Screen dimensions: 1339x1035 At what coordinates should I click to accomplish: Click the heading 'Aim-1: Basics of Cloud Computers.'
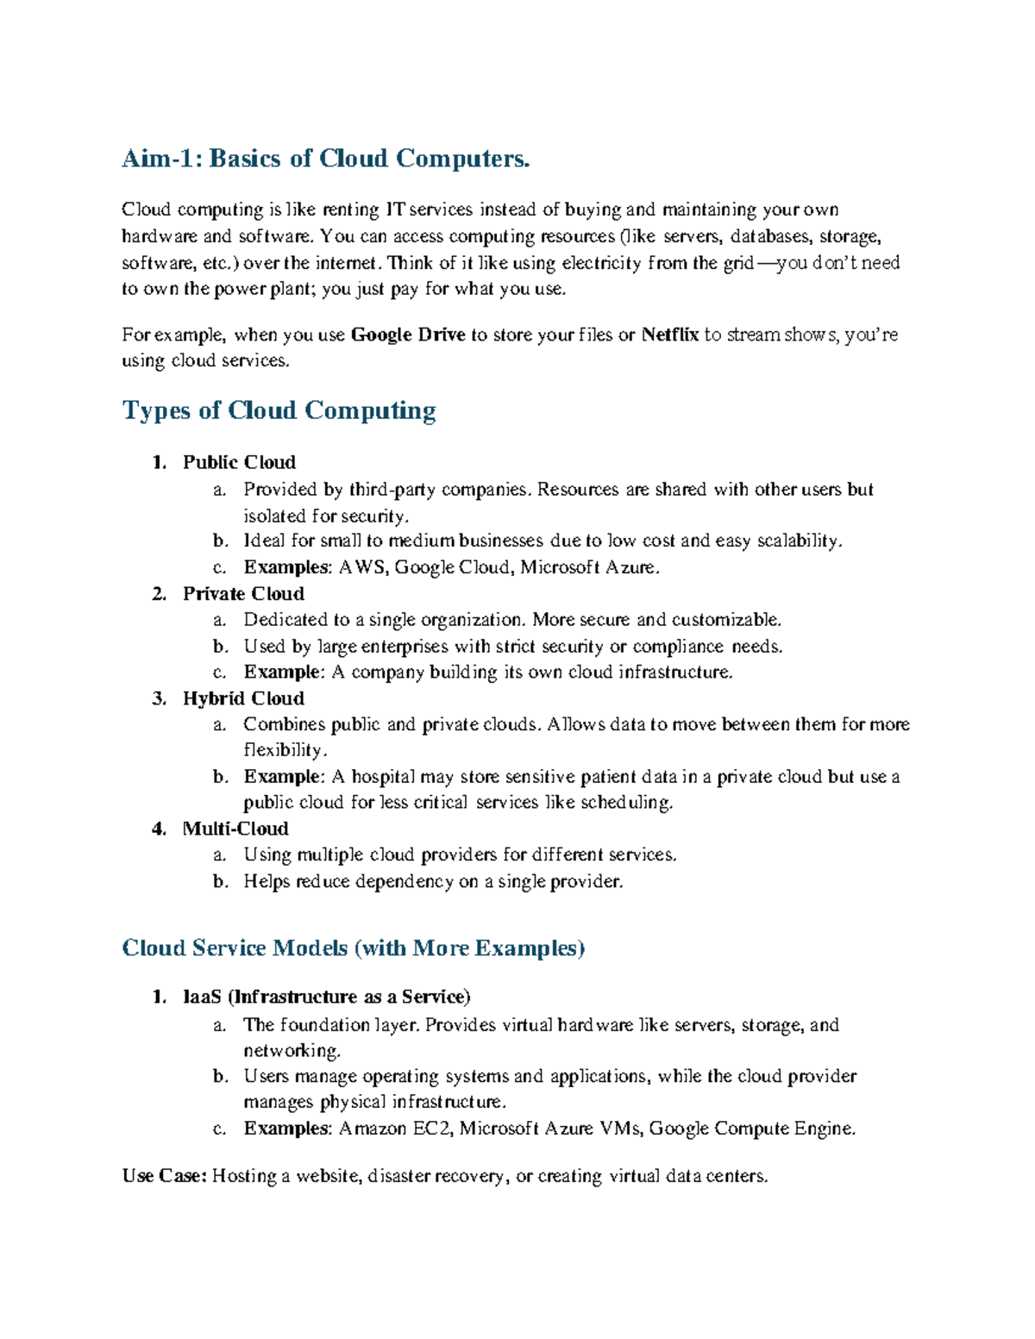click(325, 159)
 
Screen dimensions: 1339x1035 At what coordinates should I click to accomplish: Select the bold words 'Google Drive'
click(408, 335)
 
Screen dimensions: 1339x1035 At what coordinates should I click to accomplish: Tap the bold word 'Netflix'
click(669, 335)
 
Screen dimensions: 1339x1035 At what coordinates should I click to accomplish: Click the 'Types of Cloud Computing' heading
click(279, 410)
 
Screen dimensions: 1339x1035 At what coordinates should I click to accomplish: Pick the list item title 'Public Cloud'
click(239, 462)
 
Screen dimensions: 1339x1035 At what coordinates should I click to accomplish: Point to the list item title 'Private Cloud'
click(243, 594)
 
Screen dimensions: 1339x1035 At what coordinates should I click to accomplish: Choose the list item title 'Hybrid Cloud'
click(243, 698)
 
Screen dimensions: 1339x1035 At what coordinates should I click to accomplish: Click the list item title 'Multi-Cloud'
click(235, 829)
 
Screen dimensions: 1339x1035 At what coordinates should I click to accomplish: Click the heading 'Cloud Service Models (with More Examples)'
click(353, 948)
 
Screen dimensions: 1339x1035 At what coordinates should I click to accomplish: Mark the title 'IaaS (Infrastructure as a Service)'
click(326, 997)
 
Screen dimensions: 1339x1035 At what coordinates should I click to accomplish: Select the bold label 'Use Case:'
click(164, 1176)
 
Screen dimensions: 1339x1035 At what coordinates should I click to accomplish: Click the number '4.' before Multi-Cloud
click(159, 829)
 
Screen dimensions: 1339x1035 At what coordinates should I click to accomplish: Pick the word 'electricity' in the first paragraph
click(601, 263)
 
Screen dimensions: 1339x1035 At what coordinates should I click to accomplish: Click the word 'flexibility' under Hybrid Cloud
click(284, 750)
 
